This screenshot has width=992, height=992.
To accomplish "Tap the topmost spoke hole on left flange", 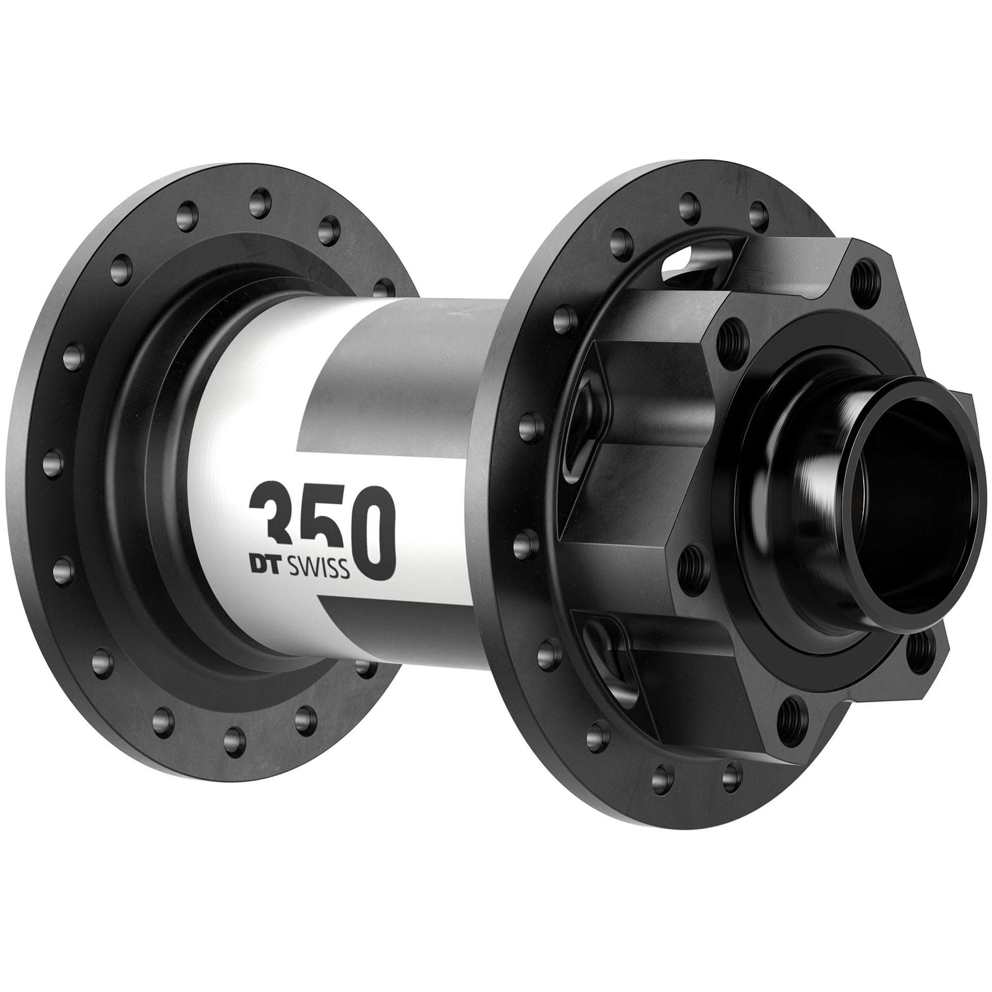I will click(259, 200).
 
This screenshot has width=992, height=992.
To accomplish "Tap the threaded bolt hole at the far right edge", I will click(917, 650).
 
